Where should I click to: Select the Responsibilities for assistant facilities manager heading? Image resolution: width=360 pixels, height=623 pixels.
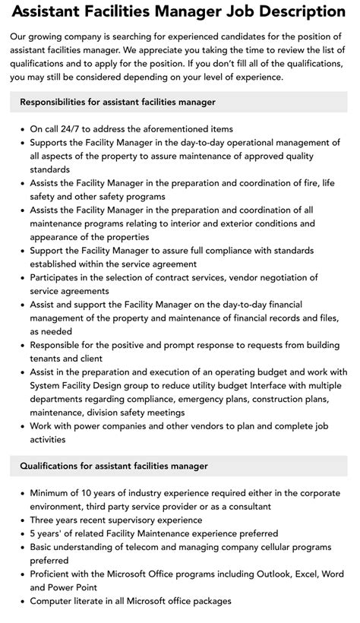point(118,101)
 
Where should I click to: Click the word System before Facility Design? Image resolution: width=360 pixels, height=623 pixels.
point(49,385)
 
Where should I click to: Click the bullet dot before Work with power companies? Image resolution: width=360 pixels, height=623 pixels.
point(21,425)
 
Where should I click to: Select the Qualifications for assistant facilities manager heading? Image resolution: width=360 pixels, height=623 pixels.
point(114,465)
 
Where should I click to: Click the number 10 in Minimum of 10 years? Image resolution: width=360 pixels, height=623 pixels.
point(93,493)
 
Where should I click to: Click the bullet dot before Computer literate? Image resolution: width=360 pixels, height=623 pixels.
point(21,601)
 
